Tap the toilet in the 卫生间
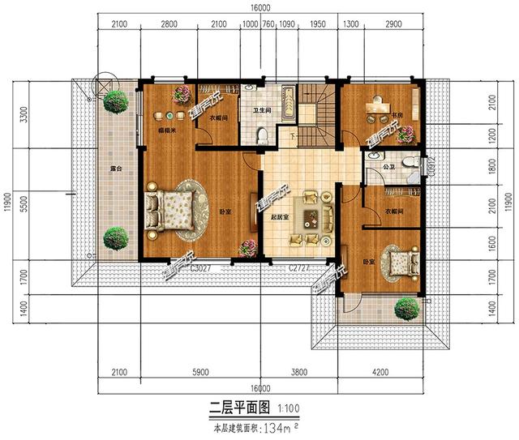[261, 135]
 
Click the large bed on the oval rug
[169, 212]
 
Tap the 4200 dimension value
[380, 374]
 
